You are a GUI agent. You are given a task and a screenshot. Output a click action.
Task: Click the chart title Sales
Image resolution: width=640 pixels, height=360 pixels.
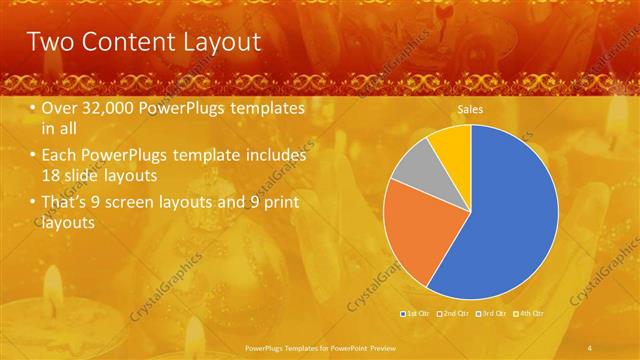470,109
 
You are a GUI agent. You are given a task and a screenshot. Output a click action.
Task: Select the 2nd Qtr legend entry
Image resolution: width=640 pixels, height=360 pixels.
454,314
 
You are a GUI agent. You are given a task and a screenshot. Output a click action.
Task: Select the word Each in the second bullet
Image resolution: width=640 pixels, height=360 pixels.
61,157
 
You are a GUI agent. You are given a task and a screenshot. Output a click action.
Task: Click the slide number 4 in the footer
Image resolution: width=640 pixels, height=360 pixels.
589,346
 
